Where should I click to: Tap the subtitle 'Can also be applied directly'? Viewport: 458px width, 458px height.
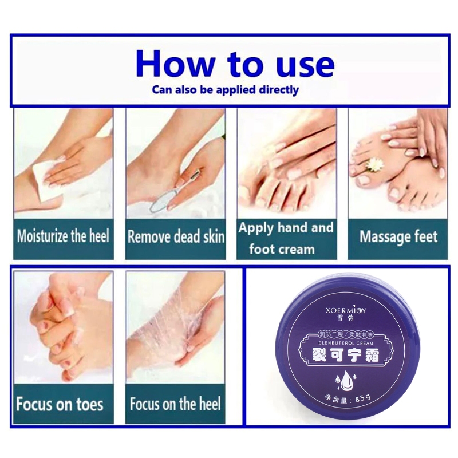pos(225,90)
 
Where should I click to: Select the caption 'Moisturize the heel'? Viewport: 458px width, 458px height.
pos(62,236)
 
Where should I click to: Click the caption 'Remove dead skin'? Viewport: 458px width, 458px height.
pos(175,236)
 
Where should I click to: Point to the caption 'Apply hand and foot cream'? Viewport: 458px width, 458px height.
pos(285,238)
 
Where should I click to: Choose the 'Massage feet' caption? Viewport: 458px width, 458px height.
pos(398,236)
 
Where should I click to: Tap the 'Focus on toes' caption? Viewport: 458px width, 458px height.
pos(60,404)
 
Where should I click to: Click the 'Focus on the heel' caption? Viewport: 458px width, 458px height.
pos(175,404)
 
